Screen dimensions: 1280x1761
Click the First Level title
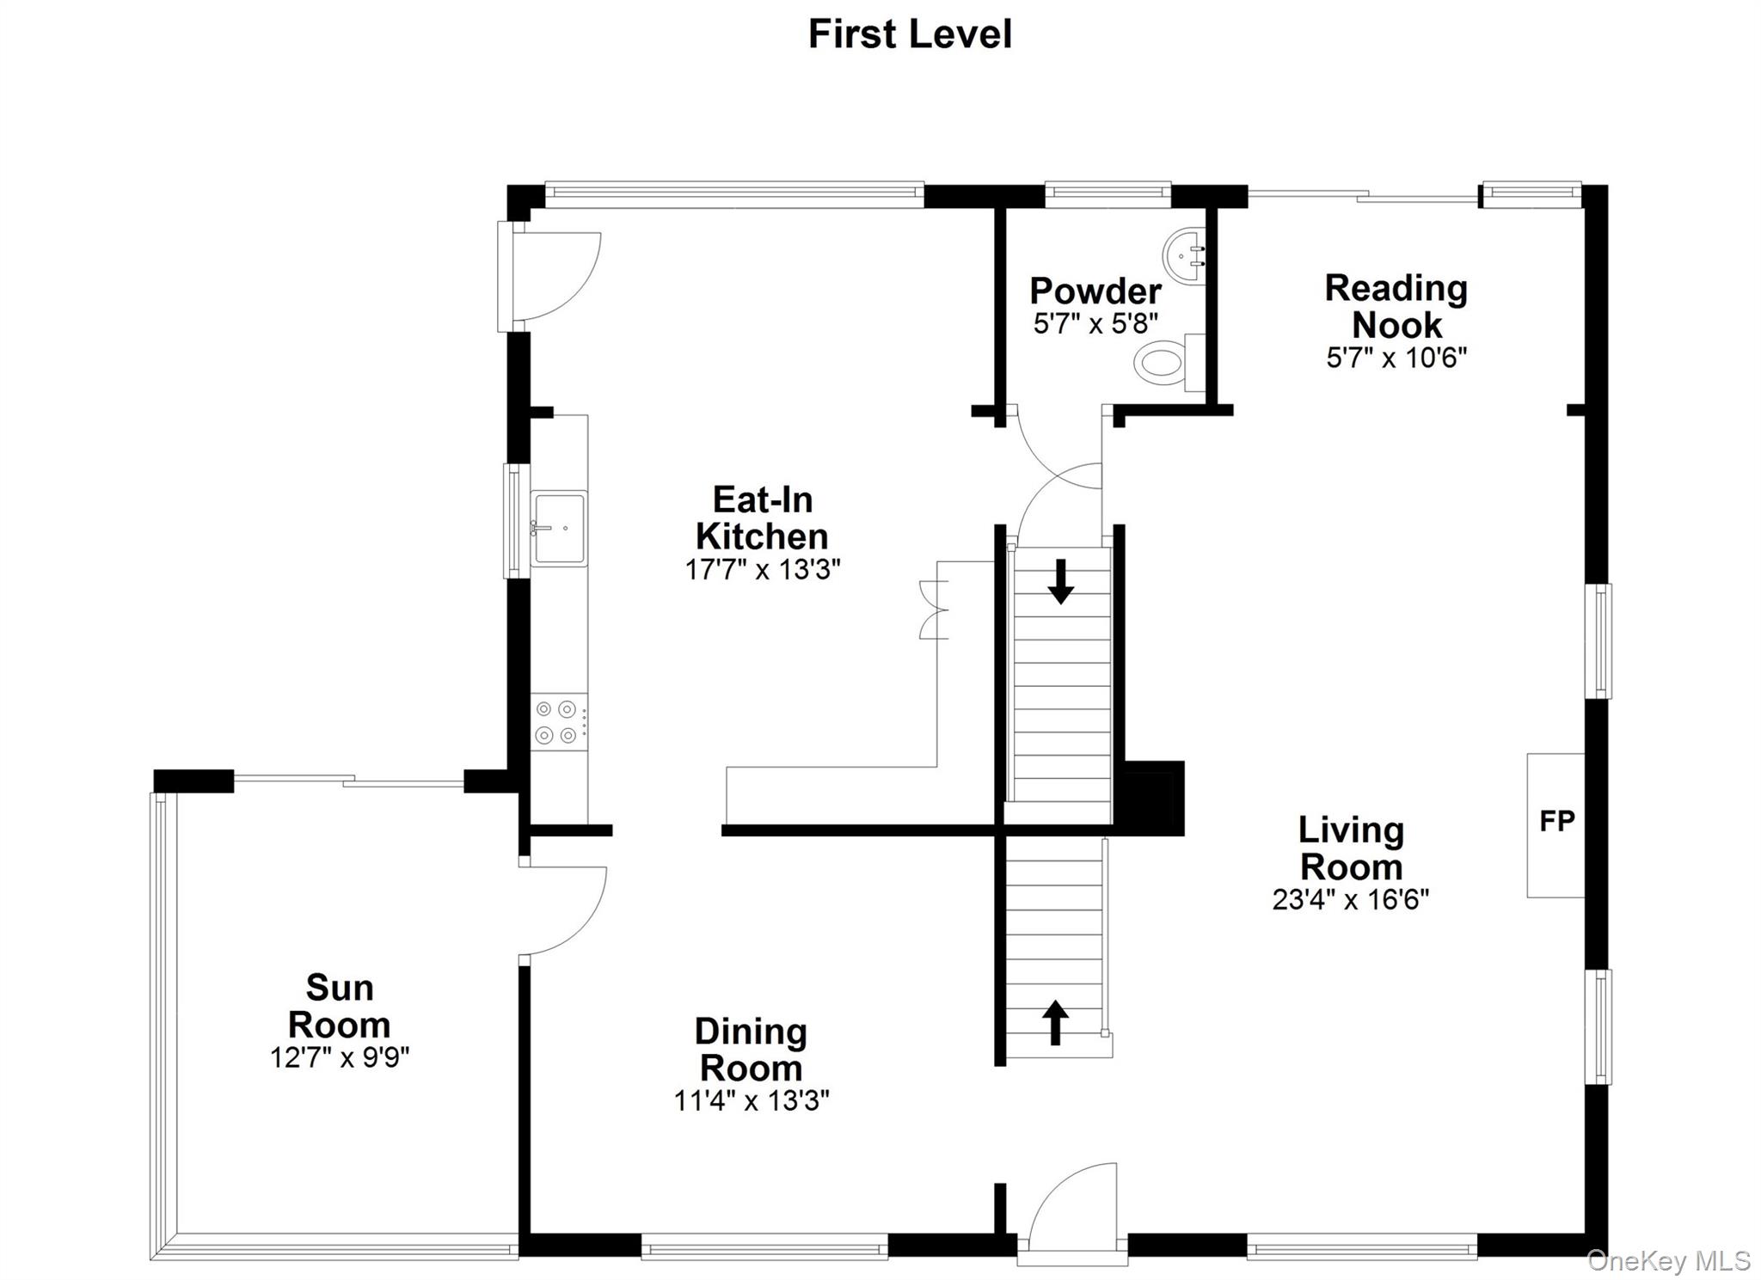[910, 34]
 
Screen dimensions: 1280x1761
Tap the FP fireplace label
[1556, 822]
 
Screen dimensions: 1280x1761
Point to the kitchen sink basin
[558, 528]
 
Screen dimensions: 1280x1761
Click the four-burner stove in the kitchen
[556, 722]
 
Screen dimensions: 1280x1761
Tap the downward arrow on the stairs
[1060, 582]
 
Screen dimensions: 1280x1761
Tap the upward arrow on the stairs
[1055, 1022]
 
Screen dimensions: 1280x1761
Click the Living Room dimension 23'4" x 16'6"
[1350, 899]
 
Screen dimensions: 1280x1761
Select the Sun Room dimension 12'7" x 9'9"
[340, 1056]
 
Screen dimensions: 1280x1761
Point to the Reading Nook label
[1396, 306]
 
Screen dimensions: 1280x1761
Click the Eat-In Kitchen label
[762, 518]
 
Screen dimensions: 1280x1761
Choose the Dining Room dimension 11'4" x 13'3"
[751, 1100]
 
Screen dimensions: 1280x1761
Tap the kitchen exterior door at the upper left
[550, 275]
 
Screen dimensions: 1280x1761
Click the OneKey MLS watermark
[1667, 1261]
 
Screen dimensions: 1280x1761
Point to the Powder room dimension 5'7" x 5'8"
[1095, 324]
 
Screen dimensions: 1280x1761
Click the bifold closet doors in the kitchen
[933, 609]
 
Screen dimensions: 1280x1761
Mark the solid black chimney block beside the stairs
[1150, 799]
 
